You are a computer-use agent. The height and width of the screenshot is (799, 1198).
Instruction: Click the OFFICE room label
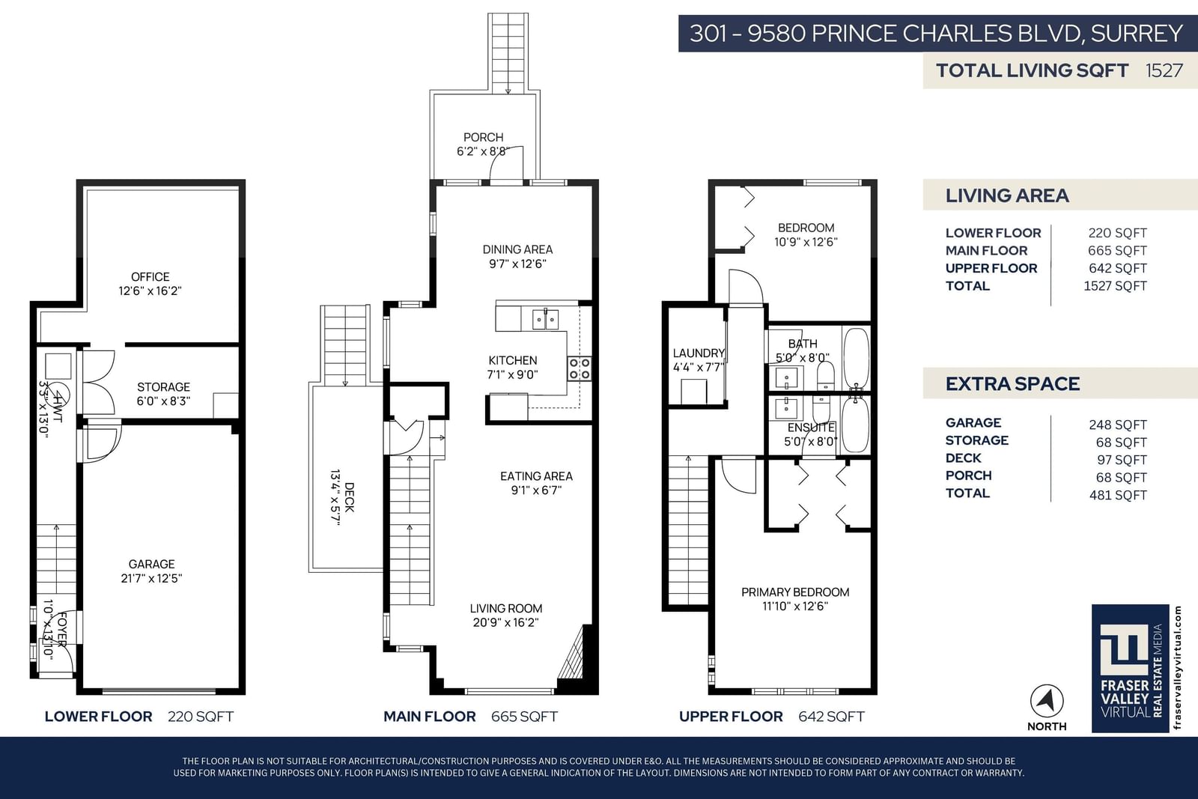pos(150,277)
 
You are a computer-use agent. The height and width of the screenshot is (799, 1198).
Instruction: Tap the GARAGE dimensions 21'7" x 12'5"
pos(151,578)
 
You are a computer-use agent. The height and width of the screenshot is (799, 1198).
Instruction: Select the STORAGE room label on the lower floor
pos(164,387)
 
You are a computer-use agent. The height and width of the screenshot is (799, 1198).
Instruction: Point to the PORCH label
pos(484,138)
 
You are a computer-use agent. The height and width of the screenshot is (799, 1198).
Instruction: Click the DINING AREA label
pos(517,249)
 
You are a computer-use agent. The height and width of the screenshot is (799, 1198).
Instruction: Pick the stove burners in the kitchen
pos(580,368)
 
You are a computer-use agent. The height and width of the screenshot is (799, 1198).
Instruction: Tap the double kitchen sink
pos(546,320)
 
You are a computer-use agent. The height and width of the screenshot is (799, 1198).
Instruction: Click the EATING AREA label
pos(536,476)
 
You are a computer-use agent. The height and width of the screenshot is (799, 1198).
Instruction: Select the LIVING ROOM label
pos(506,609)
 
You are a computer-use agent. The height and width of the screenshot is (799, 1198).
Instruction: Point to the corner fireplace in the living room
pos(574,655)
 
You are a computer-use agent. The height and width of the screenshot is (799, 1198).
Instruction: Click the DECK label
pos(349,497)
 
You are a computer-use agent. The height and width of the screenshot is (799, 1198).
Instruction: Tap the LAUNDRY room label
pos(699,353)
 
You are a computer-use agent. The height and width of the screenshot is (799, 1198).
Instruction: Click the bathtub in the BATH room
pos(857,358)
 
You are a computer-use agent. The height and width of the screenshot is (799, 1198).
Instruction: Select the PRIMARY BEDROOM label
pos(795,592)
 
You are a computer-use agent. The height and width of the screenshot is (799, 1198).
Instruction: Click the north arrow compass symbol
pos(1047,701)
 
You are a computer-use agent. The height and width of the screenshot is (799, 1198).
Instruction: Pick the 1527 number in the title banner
pos(1164,70)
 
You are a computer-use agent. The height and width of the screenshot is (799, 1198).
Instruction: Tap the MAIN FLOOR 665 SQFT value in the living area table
pos(1117,251)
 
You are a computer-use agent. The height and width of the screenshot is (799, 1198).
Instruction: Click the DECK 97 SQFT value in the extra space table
pos(1122,460)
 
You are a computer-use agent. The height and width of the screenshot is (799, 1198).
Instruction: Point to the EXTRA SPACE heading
pos(1012,384)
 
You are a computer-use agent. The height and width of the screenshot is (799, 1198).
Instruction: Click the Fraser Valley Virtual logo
pos(1130,669)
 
